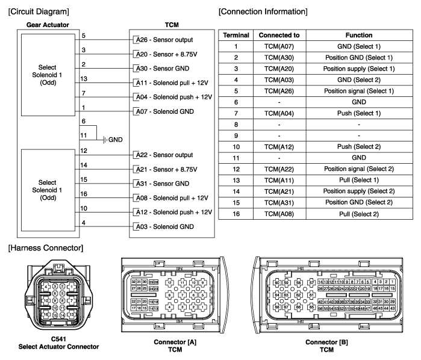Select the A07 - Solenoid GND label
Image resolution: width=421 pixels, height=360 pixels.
(165, 111)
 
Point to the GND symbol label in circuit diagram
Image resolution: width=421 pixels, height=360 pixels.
(115, 140)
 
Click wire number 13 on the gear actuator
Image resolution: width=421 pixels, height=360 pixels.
(84, 78)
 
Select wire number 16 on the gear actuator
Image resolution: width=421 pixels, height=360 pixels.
(84, 194)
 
